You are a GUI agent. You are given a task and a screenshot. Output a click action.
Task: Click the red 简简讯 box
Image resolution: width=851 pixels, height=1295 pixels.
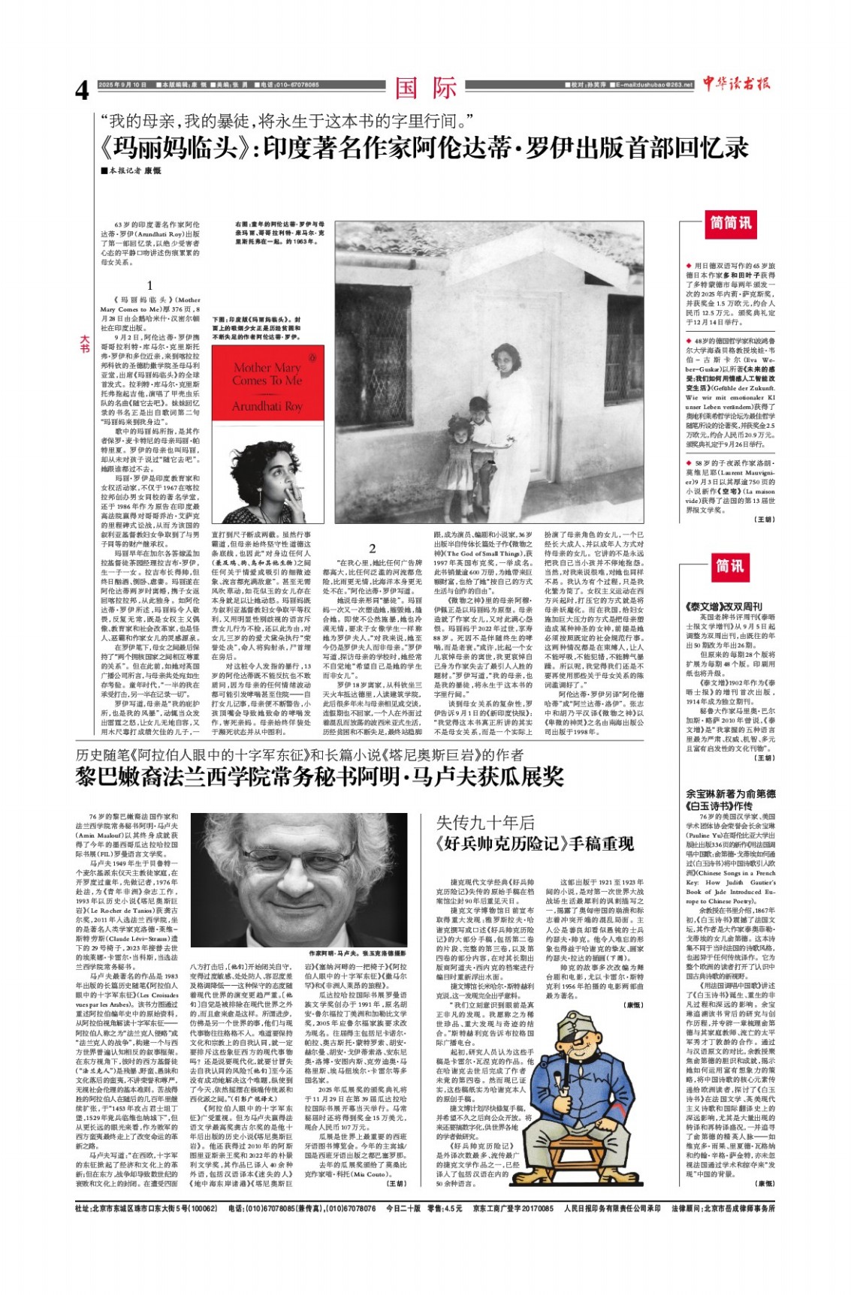731,223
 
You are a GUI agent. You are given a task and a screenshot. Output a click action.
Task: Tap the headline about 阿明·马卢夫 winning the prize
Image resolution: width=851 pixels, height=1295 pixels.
319,777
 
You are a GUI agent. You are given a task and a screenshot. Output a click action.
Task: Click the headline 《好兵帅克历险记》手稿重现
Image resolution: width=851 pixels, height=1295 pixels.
535,843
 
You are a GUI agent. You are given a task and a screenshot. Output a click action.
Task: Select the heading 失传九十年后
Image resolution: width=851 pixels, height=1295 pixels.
485,823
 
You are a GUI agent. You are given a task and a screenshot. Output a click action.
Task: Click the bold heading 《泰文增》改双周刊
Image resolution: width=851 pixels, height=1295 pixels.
723,606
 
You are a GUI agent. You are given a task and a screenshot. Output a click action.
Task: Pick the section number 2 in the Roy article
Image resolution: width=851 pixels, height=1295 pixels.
372,549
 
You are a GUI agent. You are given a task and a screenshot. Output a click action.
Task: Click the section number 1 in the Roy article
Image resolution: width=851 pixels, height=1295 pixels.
149,285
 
